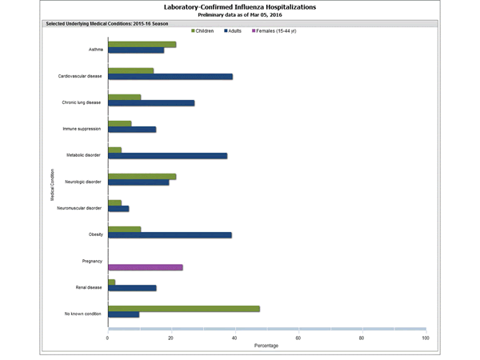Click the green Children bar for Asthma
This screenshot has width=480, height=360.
(142, 44)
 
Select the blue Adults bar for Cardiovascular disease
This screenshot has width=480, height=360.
(170, 77)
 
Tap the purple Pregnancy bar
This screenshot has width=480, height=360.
(145, 267)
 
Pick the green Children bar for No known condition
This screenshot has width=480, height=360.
(183, 308)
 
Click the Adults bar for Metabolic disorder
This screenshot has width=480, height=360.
(167, 155)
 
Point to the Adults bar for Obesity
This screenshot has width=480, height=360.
(170, 234)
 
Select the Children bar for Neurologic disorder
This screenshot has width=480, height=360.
(142, 176)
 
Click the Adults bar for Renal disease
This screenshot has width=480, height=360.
(132, 287)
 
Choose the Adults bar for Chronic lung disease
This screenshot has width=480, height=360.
(150, 103)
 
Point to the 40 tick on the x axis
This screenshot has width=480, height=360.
(234, 338)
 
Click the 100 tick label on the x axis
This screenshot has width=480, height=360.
(425, 338)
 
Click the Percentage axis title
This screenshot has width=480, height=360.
(266, 346)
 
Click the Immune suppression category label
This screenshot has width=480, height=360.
(82, 129)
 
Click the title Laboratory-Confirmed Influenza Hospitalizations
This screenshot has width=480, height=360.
(239, 6)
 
